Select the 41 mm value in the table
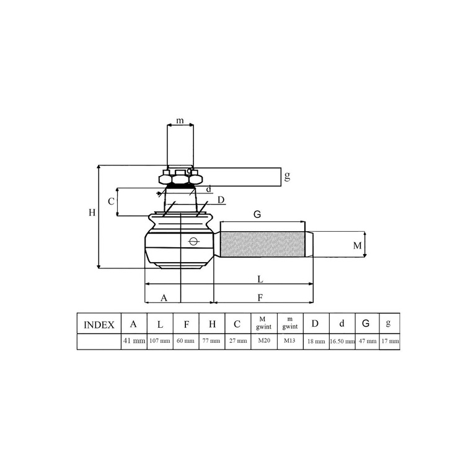pos(134,341)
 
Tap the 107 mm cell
pos(160,341)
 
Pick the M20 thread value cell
pos(264,340)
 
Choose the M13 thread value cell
pos(289,340)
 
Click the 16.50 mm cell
pos(342,342)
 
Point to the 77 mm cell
pos(211,341)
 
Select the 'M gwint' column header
pos(263,323)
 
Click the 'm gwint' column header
pos(290,323)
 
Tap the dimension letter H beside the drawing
pos(92,213)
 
